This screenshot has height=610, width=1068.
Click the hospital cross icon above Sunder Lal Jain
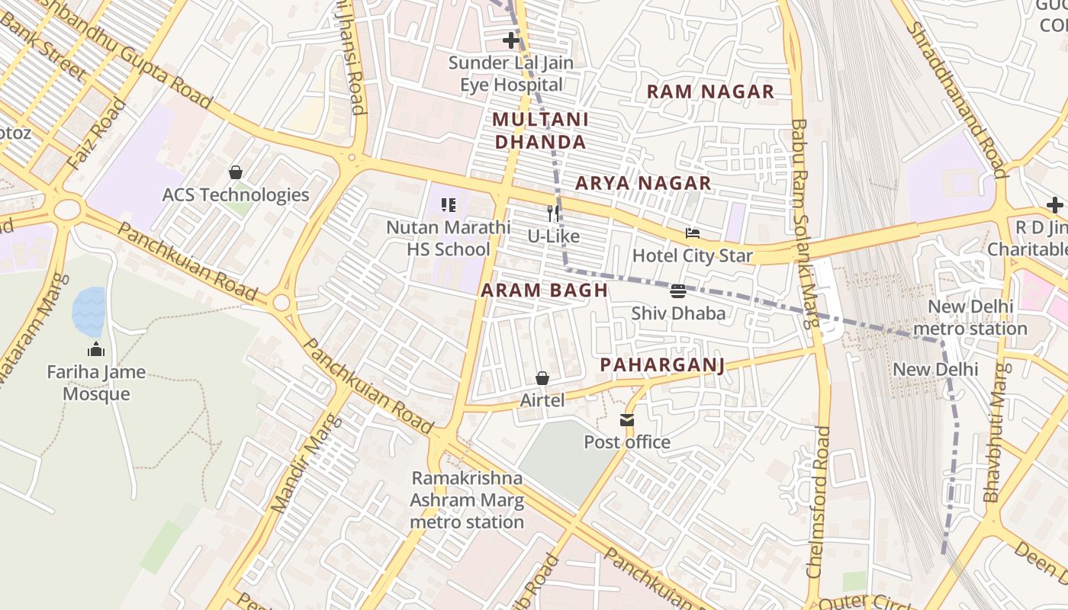tap(511, 40)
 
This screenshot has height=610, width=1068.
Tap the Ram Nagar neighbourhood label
tap(710, 92)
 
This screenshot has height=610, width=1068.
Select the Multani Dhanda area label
tap(540, 130)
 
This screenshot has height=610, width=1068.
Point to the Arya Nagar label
tap(643, 183)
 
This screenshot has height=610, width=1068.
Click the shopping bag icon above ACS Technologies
tap(236, 172)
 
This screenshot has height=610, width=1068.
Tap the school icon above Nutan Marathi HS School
tap(449, 204)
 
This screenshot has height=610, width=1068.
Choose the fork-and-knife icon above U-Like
tap(554, 213)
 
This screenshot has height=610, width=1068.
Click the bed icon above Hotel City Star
tap(693, 233)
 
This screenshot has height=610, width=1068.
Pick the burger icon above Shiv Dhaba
tap(678, 291)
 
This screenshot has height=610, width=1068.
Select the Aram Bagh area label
tap(545, 290)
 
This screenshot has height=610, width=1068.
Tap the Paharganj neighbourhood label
tap(661, 365)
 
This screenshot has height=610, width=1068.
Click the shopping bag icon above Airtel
tap(542, 378)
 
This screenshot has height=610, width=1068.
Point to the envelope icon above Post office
tap(627, 420)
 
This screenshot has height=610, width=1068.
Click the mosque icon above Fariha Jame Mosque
tap(96, 350)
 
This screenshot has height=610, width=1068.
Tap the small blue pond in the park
tap(88, 311)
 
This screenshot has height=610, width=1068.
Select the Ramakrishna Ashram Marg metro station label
tap(467, 500)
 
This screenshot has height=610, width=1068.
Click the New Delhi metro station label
tap(970, 318)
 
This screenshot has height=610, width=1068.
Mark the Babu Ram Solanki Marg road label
tap(804, 221)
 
